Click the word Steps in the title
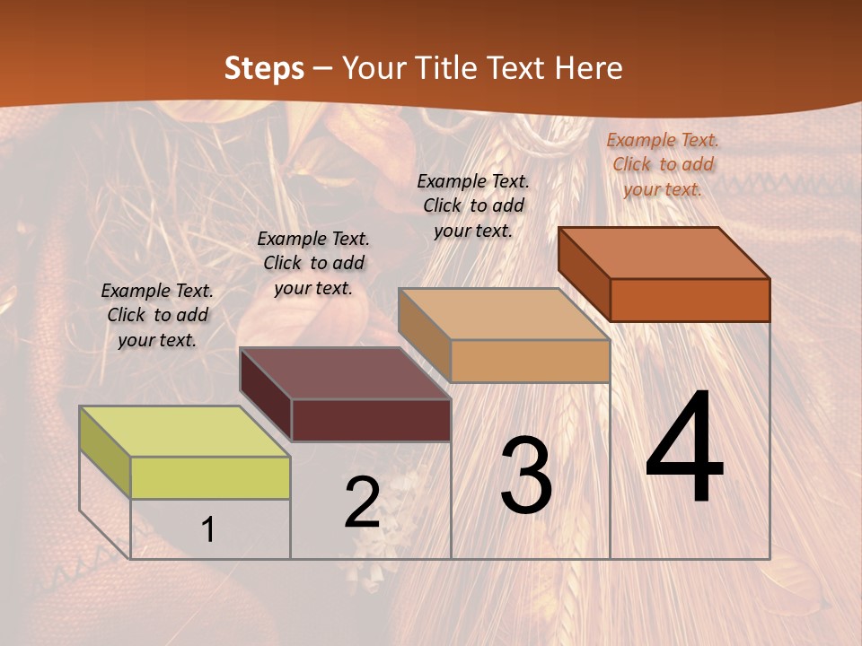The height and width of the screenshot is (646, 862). [x=263, y=68]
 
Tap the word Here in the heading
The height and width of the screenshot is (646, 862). [x=588, y=68]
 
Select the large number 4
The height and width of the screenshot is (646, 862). [x=684, y=449]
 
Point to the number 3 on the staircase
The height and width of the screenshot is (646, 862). [x=525, y=475]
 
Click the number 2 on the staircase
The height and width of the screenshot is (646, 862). [x=362, y=502]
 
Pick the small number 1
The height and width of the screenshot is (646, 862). [x=207, y=529]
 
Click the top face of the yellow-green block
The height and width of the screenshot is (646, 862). [x=184, y=432]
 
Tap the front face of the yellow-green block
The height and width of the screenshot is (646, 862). [x=210, y=477]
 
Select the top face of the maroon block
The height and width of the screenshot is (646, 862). [x=345, y=373]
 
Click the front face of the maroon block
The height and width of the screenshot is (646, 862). [x=371, y=420]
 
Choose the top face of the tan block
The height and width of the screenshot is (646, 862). [x=504, y=314]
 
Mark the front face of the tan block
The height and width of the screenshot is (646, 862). [x=530, y=361]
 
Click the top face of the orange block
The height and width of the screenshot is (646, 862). [x=664, y=253]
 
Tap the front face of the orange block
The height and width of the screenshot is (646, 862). [x=690, y=300]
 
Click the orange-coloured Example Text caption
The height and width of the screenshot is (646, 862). [x=663, y=164]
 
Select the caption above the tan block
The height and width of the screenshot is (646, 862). [x=473, y=205]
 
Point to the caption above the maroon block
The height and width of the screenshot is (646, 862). [x=313, y=263]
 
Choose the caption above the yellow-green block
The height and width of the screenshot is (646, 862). [x=157, y=315]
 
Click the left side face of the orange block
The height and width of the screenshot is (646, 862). [x=584, y=274]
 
